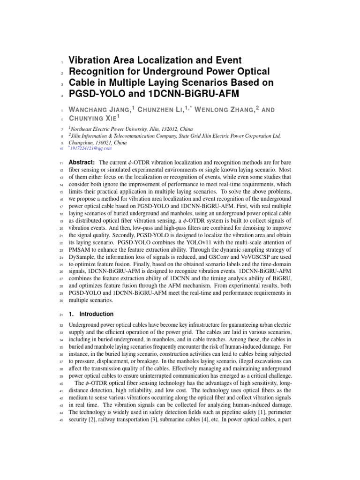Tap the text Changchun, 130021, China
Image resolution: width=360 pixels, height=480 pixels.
pyautogui.click(x=97, y=142)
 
